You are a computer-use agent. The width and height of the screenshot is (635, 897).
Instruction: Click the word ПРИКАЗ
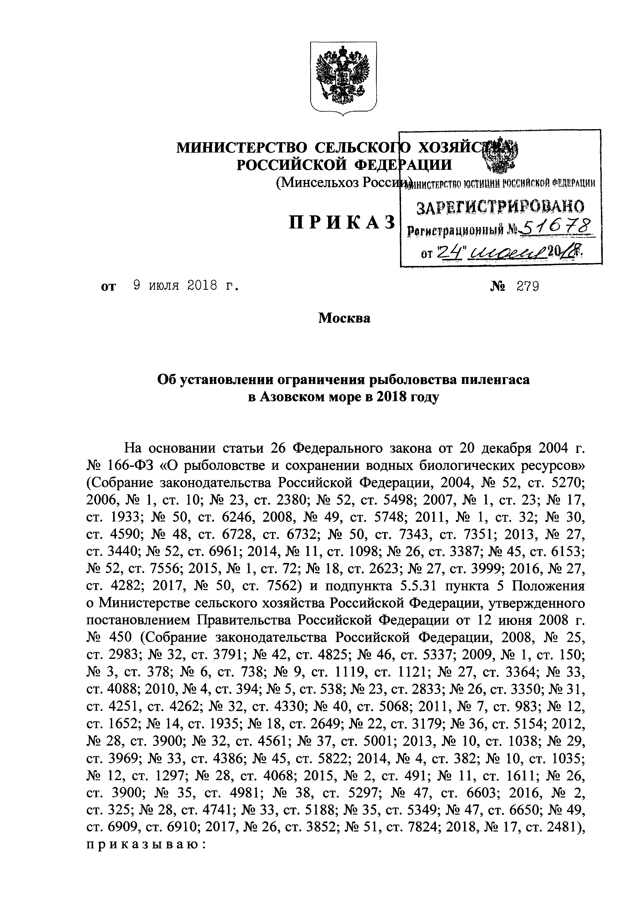341,223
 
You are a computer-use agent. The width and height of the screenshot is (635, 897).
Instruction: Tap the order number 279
528,287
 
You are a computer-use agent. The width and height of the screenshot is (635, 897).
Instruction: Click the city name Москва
344,318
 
